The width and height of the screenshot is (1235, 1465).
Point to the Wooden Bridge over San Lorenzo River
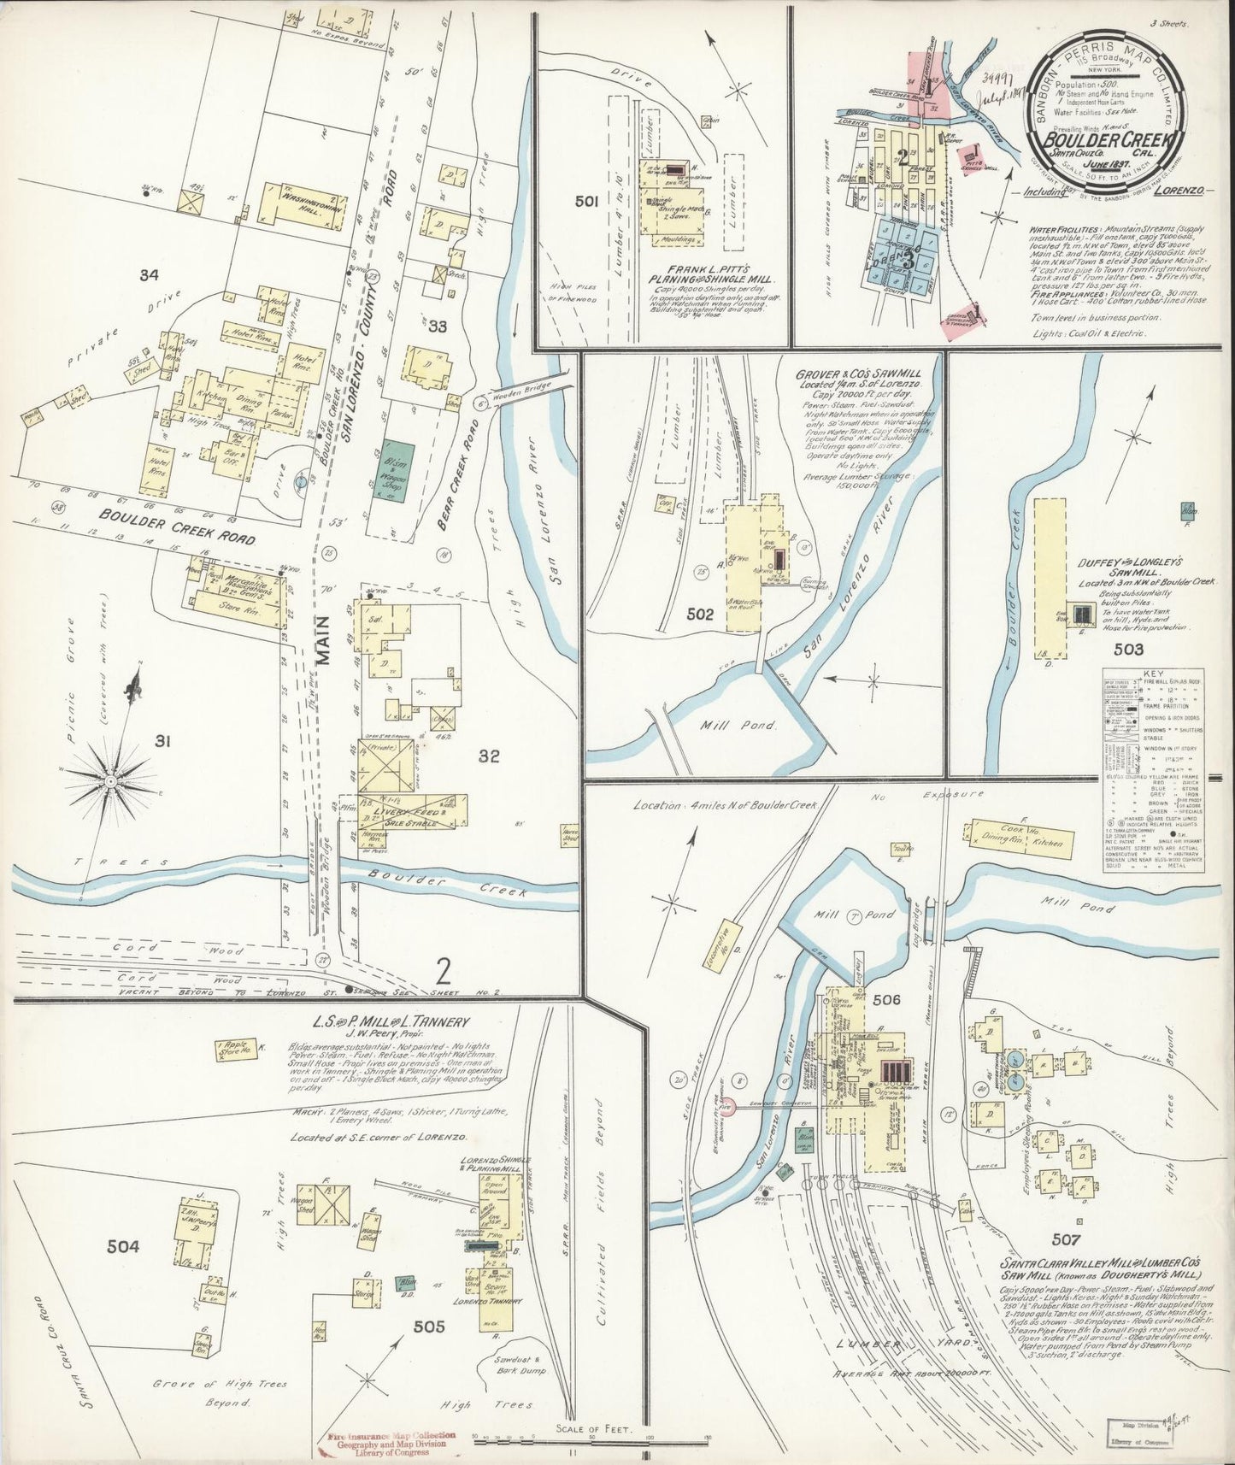[523, 389]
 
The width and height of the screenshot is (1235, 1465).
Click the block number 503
[1128, 650]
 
